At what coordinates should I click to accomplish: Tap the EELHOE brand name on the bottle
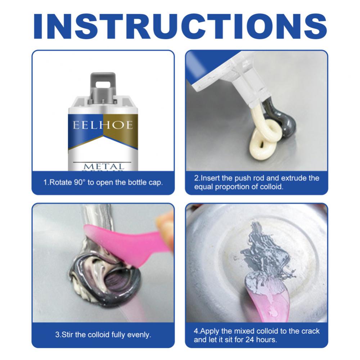(x=103, y=125)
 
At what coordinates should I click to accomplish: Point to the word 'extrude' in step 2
(x=292, y=178)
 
